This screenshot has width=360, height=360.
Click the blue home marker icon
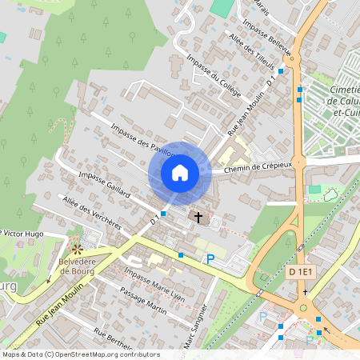click(180, 172)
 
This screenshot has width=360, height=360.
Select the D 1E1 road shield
click(302, 273)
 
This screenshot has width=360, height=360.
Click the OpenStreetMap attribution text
click(80, 354)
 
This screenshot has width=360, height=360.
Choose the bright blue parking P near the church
click(210, 258)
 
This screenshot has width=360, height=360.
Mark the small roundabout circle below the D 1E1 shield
click(304, 309)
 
